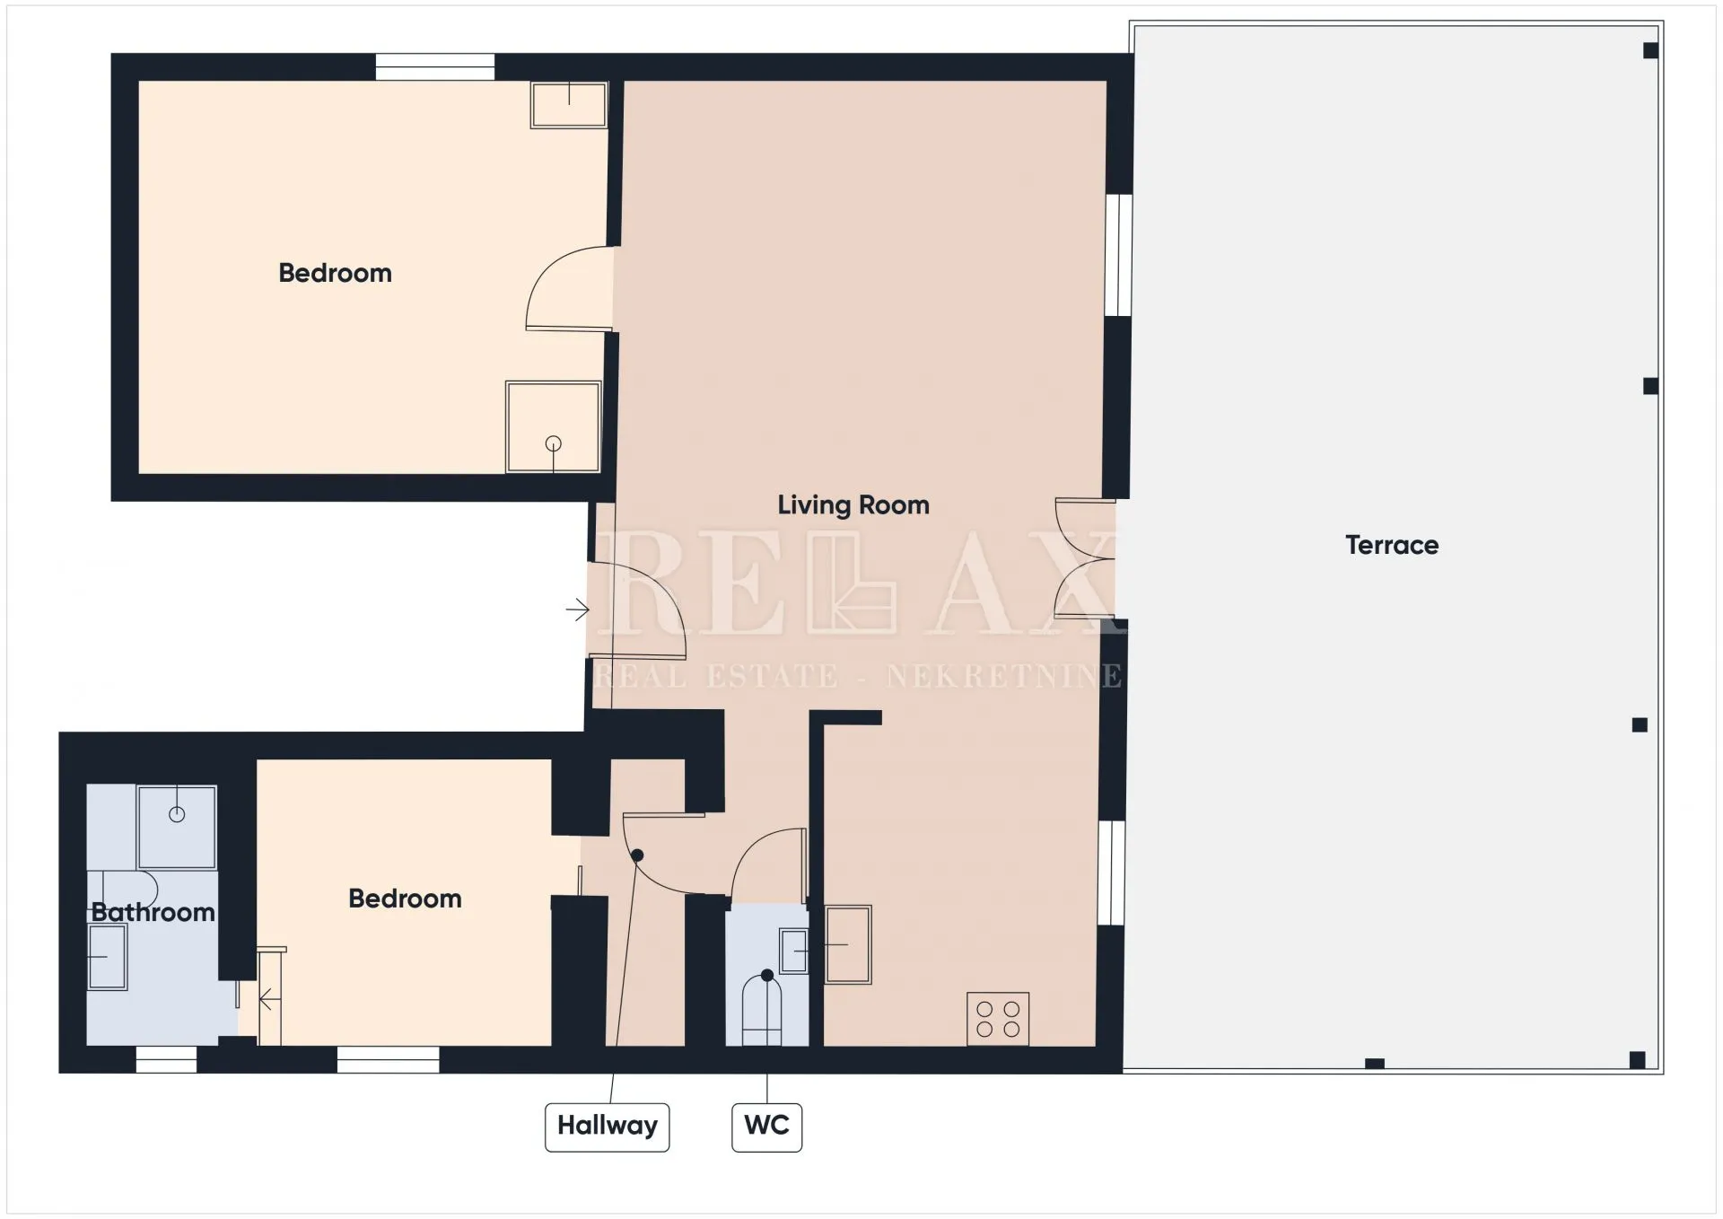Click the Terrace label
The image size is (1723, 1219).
1391,545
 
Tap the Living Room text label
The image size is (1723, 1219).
853,505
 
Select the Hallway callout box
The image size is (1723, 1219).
607,1127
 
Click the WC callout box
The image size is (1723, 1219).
766,1127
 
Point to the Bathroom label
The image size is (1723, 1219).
153,913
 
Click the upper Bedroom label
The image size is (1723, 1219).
335,273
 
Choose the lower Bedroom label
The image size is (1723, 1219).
405,899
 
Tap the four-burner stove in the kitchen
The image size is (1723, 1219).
998,1019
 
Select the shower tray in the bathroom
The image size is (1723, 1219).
177,827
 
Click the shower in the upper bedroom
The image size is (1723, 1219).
553,427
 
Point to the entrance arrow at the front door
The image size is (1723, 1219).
577,610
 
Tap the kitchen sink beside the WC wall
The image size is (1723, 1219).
848,944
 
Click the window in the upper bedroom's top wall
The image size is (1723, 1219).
434,67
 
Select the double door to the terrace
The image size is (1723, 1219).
1084,559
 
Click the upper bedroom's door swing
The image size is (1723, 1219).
569,288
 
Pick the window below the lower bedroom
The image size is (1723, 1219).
389,1060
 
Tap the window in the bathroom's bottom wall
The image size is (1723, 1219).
166,1060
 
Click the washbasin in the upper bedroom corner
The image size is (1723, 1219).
569,105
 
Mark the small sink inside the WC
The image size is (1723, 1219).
794,952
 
